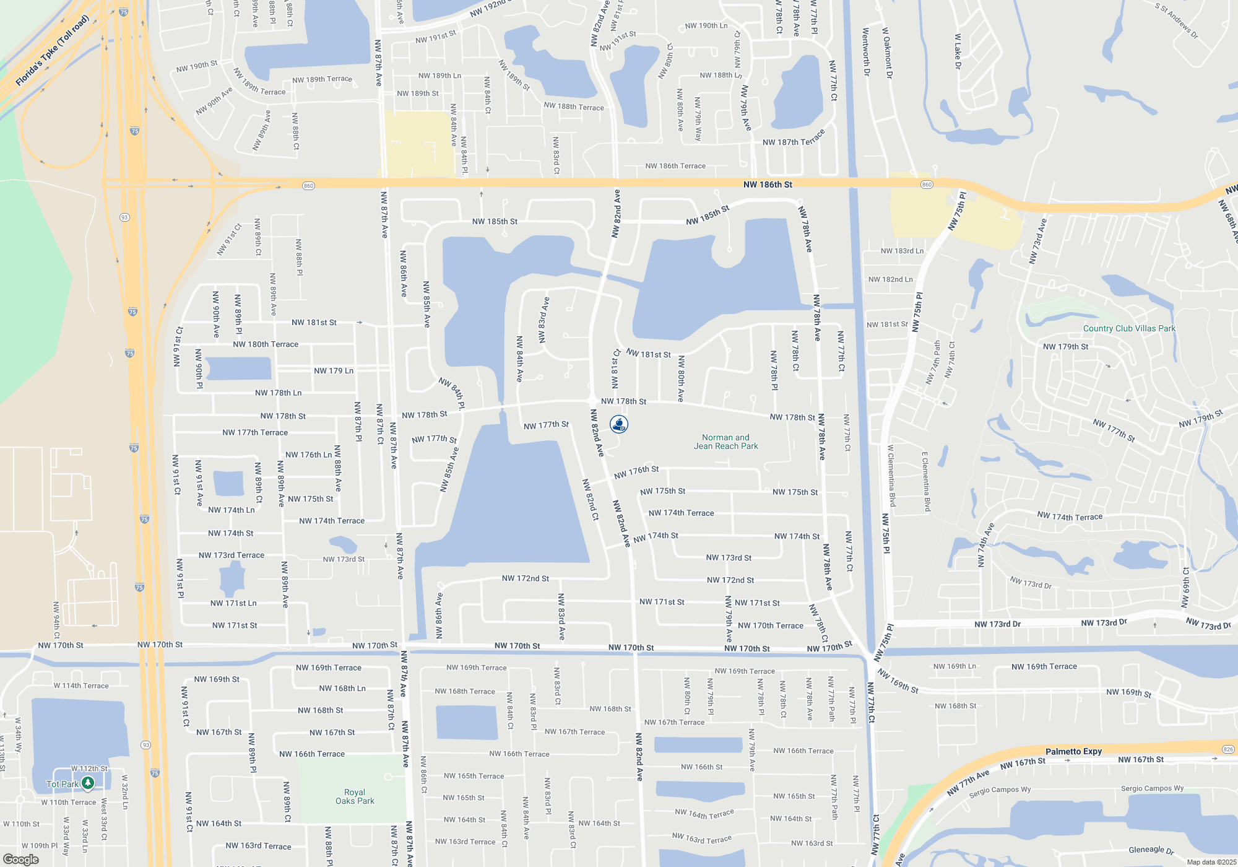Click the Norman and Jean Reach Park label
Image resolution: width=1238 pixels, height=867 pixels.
(725, 442)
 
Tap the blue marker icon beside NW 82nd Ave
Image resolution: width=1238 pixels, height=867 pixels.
(619, 424)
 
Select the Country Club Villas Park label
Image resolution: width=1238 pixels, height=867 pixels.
(1128, 328)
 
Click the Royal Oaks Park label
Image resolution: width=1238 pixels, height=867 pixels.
(355, 796)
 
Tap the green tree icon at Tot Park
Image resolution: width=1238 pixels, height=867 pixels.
(88, 783)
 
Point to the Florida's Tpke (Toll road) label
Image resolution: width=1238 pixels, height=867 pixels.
(53, 51)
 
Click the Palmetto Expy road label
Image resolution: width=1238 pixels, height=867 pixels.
(1073, 751)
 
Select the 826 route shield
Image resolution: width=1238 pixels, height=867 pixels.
(1228, 749)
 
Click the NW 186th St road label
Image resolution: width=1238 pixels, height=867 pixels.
(768, 185)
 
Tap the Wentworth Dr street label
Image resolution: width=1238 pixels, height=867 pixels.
(866, 52)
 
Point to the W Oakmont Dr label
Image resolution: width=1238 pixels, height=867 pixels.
(887, 53)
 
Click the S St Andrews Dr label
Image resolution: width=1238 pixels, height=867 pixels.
(1177, 20)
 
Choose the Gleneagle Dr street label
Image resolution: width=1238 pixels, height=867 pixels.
(1151, 850)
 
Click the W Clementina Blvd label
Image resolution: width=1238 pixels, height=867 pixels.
(891, 476)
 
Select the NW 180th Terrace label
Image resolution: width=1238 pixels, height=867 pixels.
(266, 344)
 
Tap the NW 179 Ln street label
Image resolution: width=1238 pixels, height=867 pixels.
(334, 371)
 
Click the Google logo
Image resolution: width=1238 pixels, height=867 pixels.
(21, 860)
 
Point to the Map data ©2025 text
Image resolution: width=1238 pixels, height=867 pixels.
(1211, 862)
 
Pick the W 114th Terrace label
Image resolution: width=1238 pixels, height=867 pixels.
(81, 686)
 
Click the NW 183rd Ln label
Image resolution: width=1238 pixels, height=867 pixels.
(902, 251)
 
